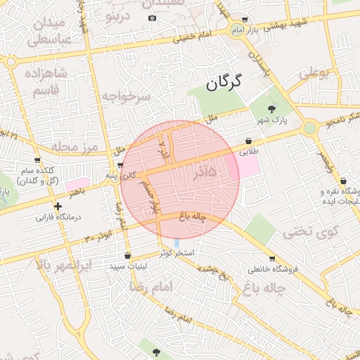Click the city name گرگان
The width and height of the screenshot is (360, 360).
tap(224, 82)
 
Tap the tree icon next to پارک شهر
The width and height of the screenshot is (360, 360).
tap(272, 108)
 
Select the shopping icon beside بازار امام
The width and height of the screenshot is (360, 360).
tap(244, 20)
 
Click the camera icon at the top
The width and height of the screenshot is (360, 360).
tap(153, 18)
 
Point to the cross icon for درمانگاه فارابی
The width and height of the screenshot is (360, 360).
tap(58, 206)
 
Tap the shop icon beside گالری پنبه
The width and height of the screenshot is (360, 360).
tap(121, 165)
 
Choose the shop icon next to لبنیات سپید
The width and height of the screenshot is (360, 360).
tap(127, 256)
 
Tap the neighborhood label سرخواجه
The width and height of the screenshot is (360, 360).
tap(125, 96)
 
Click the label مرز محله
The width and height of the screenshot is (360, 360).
tap(68, 147)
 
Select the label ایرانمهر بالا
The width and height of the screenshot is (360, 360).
tap(63, 266)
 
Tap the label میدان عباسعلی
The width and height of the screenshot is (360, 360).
tap(50, 32)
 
